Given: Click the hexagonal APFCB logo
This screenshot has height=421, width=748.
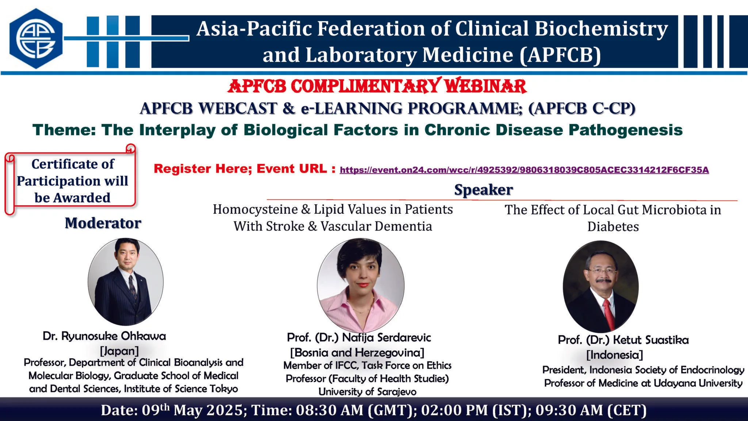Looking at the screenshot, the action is (36, 38).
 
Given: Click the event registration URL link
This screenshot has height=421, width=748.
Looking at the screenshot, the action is (524, 170).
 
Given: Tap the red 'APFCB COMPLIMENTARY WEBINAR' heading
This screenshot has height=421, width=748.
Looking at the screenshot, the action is (377, 86).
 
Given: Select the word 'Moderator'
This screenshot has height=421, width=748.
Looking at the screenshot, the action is (103, 223).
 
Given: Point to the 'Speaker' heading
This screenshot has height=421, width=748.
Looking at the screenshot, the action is (484, 190).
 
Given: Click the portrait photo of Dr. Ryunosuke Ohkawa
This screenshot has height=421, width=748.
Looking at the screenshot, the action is (126, 281).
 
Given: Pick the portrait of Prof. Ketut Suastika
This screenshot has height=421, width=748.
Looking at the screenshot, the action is (600, 287).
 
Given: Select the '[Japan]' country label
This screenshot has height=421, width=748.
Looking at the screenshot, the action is (119, 351).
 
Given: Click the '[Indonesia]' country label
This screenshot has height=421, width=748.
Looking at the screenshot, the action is (615, 355).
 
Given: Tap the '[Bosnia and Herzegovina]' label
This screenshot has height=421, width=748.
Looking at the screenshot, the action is (357, 353).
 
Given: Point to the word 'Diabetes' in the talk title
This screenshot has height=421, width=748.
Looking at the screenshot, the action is (613, 227).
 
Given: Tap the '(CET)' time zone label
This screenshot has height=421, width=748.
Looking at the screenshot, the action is (627, 410).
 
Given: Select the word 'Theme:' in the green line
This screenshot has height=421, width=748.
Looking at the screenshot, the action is (64, 130).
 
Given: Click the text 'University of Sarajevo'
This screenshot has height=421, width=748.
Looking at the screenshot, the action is (367, 392).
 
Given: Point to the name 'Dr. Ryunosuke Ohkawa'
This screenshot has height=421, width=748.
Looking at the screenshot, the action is (104, 336).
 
